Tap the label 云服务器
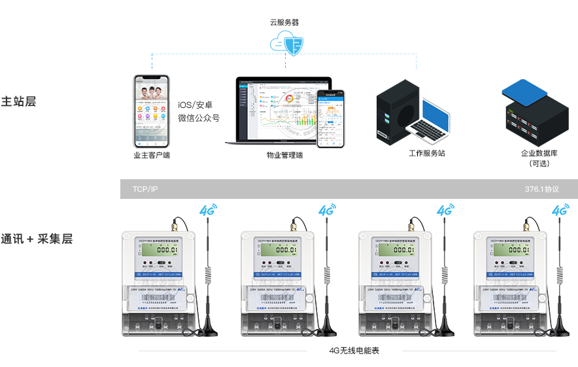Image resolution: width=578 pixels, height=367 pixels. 284,22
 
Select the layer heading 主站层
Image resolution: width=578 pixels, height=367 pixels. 18,102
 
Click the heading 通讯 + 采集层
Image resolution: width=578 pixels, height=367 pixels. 37,239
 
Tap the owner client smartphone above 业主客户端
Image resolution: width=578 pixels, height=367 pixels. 152,111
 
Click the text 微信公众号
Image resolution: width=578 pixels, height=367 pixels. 199,118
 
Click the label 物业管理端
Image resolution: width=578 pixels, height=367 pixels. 284,155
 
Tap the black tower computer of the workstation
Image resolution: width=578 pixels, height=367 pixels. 399,114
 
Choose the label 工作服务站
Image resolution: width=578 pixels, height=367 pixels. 427,153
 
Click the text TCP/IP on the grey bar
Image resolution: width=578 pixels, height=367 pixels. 145,189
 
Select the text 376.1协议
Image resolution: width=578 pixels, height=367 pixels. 542,189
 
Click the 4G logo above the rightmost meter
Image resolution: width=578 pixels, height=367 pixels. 560,211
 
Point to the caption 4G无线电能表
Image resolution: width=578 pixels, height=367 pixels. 354,351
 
